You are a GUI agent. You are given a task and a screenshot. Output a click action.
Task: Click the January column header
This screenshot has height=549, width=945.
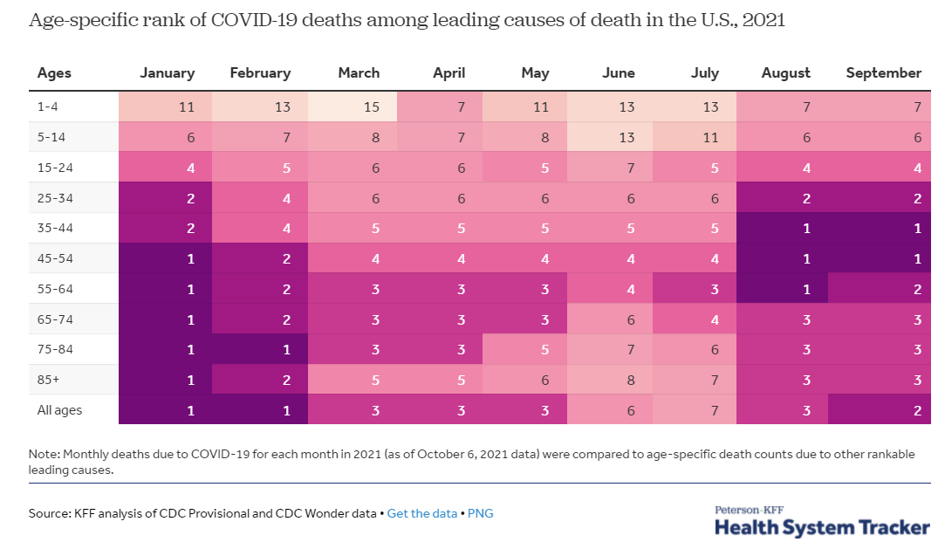click(x=167, y=73)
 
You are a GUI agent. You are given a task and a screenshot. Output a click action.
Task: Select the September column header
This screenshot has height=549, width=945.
click(x=883, y=73)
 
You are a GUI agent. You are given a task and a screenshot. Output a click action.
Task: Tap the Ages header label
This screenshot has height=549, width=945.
click(x=54, y=73)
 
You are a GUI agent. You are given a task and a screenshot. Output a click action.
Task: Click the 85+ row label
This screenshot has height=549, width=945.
click(x=50, y=379)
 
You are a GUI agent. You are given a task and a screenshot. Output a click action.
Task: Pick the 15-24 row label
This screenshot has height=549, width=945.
click(x=55, y=167)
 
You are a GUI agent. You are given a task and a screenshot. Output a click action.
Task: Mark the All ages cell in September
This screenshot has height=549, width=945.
click(x=883, y=409)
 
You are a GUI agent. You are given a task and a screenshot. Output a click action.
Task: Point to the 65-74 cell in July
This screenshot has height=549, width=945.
click(x=704, y=319)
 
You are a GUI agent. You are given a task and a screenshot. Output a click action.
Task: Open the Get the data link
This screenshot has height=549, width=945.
click(x=421, y=513)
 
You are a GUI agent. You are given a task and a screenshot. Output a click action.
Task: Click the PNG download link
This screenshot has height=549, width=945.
click(x=481, y=513)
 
